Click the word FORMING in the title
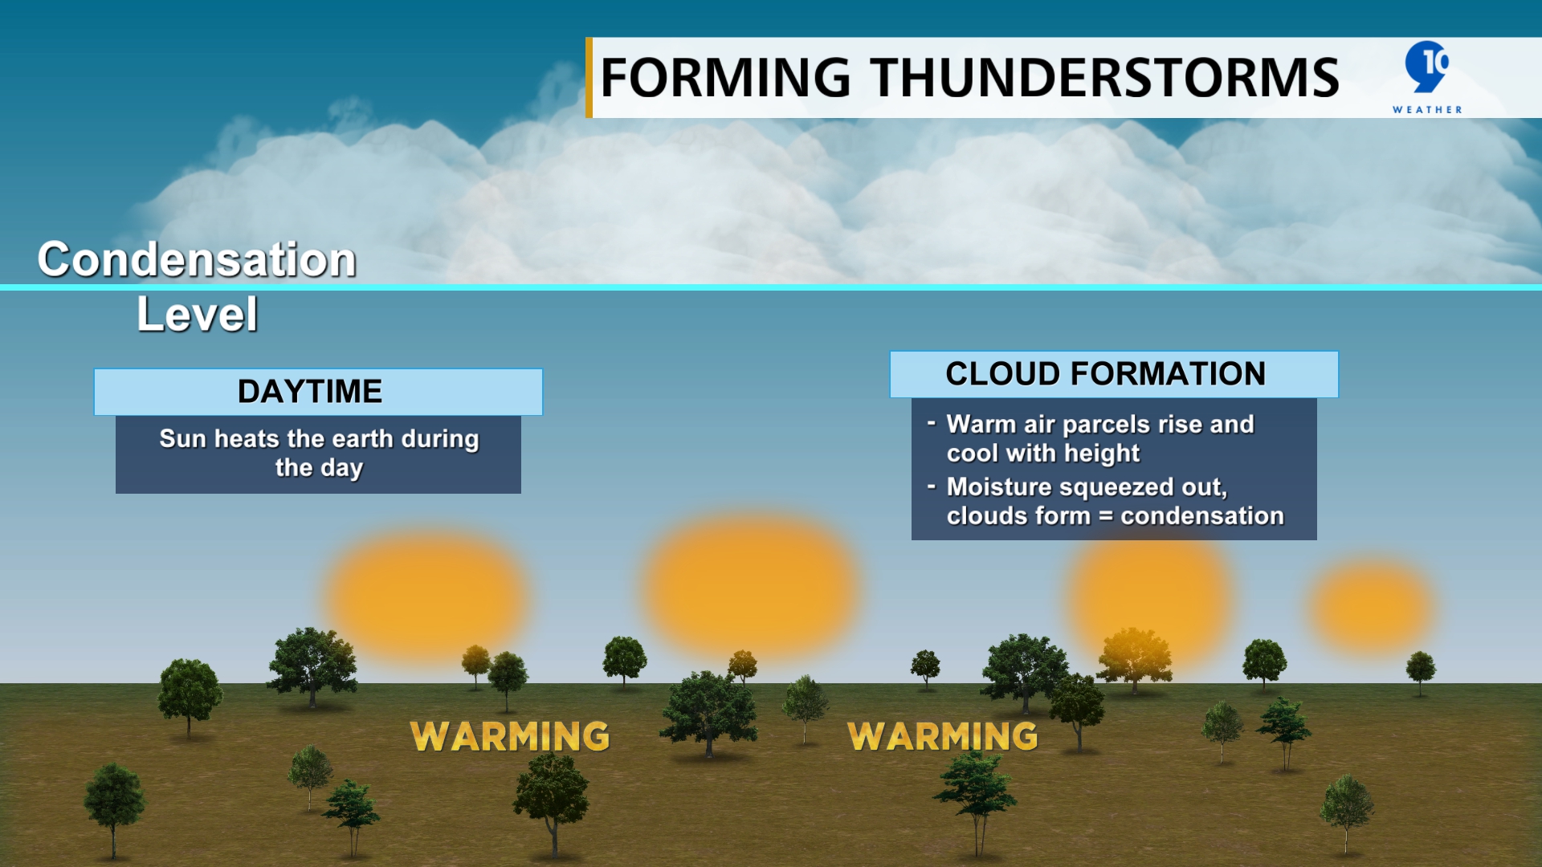click(x=724, y=78)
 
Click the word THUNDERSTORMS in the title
click(x=1105, y=78)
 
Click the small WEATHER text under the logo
click(x=1427, y=110)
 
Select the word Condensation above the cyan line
click(x=197, y=259)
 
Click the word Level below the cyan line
click(x=197, y=314)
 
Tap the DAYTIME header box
click(x=318, y=392)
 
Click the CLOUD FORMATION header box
click(x=1113, y=374)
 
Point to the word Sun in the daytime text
click(x=182, y=438)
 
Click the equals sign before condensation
click(x=1106, y=516)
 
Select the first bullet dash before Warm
click(x=931, y=422)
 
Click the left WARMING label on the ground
click(x=510, y=736)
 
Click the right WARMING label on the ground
click(x=943, y=736)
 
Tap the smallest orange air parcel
click(x=1373, y=607)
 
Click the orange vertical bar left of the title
click(x=589, y=78)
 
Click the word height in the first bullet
click(x=1101, y=454)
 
